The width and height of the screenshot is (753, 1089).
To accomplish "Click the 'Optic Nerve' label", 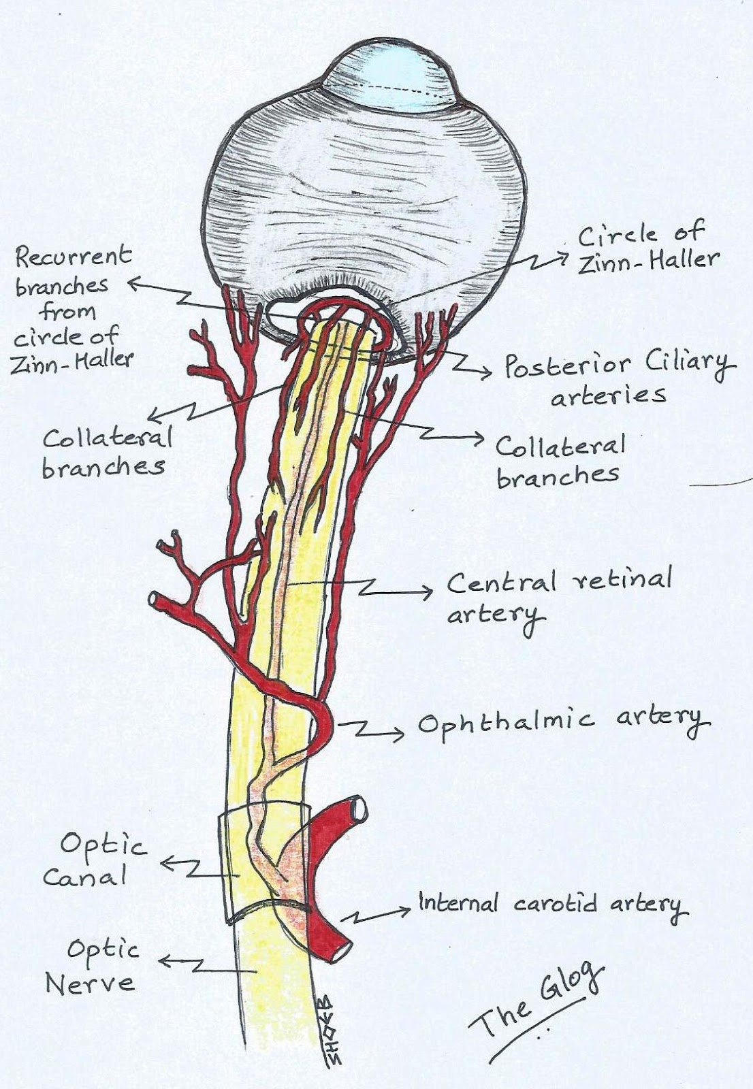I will coord(92,966).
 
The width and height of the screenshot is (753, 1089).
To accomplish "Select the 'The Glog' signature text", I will coord(538,1001).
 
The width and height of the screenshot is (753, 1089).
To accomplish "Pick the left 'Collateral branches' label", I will coord(106,452).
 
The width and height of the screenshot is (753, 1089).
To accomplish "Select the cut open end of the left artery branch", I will coord(155,600).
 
